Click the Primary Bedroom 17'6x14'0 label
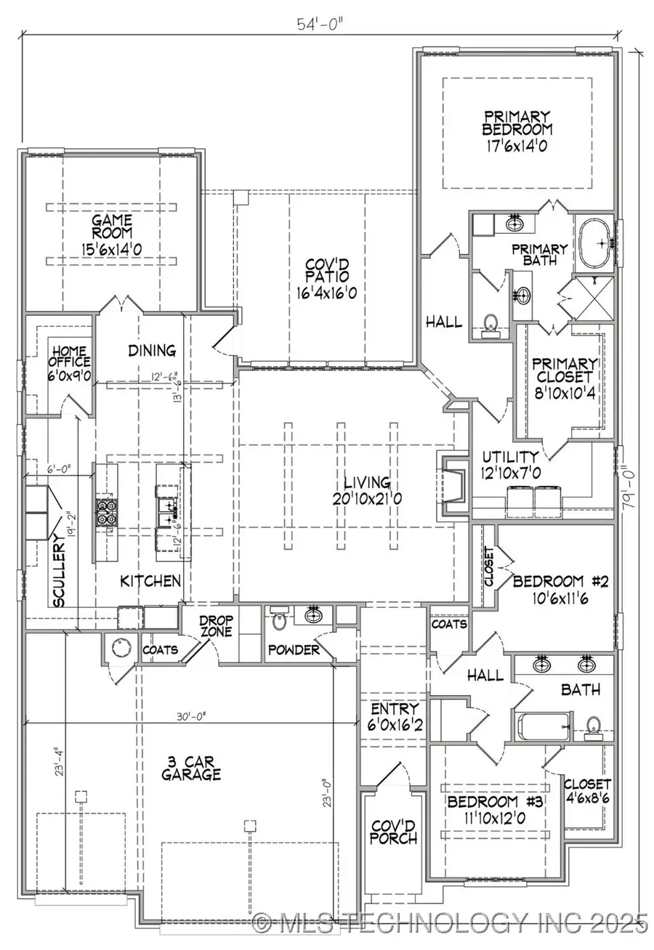pos(517,130)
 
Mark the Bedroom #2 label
pos(558,581)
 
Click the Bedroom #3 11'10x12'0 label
pos(494,808)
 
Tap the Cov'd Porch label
pos(393,832)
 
